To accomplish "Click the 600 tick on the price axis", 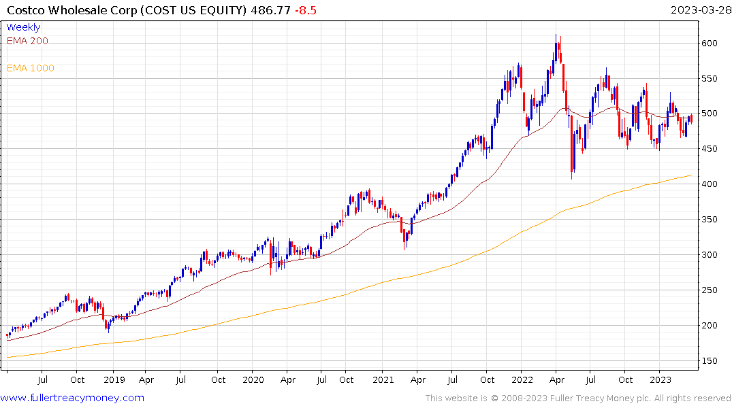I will click(x=711, y=43).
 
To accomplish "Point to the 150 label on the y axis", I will click(x=711, y=360).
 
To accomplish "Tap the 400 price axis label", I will click(x=711, y=184).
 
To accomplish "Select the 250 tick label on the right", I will click(x=711, y=290).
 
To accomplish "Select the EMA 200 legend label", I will click(x=27, y=41).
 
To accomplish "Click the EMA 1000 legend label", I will click(x=31, y=68).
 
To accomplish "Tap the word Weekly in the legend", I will click(x=23, y=27).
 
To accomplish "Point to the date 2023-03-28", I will click(x=699, y=10).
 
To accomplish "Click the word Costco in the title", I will click(x=26, y=10).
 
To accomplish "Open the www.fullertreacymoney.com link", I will click(x=72, y=398).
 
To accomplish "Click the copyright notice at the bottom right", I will click(x=578, y=398).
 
